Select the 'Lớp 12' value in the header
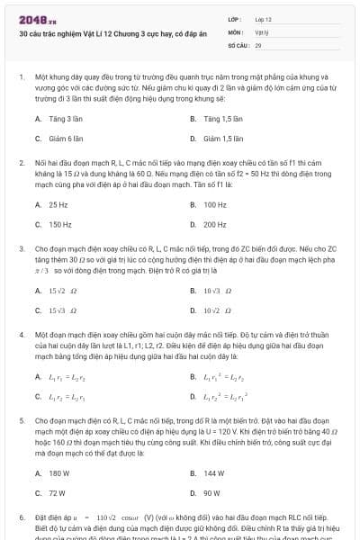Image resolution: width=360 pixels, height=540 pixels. [x=264, y=18]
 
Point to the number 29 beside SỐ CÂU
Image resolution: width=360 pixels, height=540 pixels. [x=258, y=44]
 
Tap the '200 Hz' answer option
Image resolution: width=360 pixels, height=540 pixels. [x=215, y=225]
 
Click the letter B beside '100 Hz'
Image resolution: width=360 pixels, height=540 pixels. [x=193, y=204]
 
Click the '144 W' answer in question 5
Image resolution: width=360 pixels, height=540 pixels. [x=214, y=472]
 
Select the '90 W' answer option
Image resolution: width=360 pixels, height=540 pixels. [x=212, y=493]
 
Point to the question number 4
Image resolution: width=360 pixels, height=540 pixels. [x=22, y=334]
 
